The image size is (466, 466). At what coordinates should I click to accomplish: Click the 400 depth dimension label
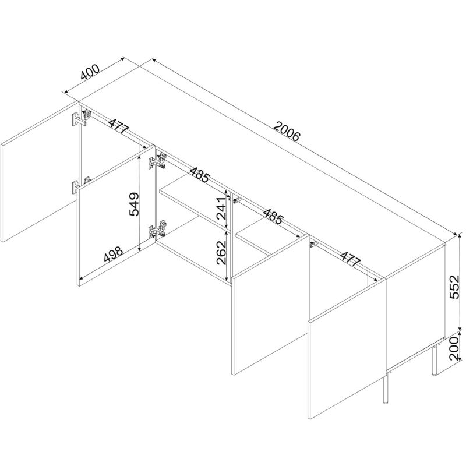click(x=90, y=72)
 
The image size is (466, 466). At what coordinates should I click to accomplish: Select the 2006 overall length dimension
click(x=287, y=131)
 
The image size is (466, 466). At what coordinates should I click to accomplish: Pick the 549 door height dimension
click(x=134, y=204)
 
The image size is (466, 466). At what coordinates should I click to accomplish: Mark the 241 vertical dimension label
click(x=221, y=208)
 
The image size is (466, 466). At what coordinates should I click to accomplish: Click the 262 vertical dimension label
click(x=221, y=253)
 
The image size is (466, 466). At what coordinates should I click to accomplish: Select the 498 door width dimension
click(x=113, y=255)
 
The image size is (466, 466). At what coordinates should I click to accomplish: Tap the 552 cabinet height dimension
click(x=454, y=287)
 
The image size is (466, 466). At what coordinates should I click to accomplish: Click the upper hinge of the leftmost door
click(x=81, y=118)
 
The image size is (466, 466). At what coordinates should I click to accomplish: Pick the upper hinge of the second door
click(x=157, y=162)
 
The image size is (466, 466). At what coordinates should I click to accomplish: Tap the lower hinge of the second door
click(x=157, y=228)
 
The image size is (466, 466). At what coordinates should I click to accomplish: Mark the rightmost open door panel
click(x=347, y=349)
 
